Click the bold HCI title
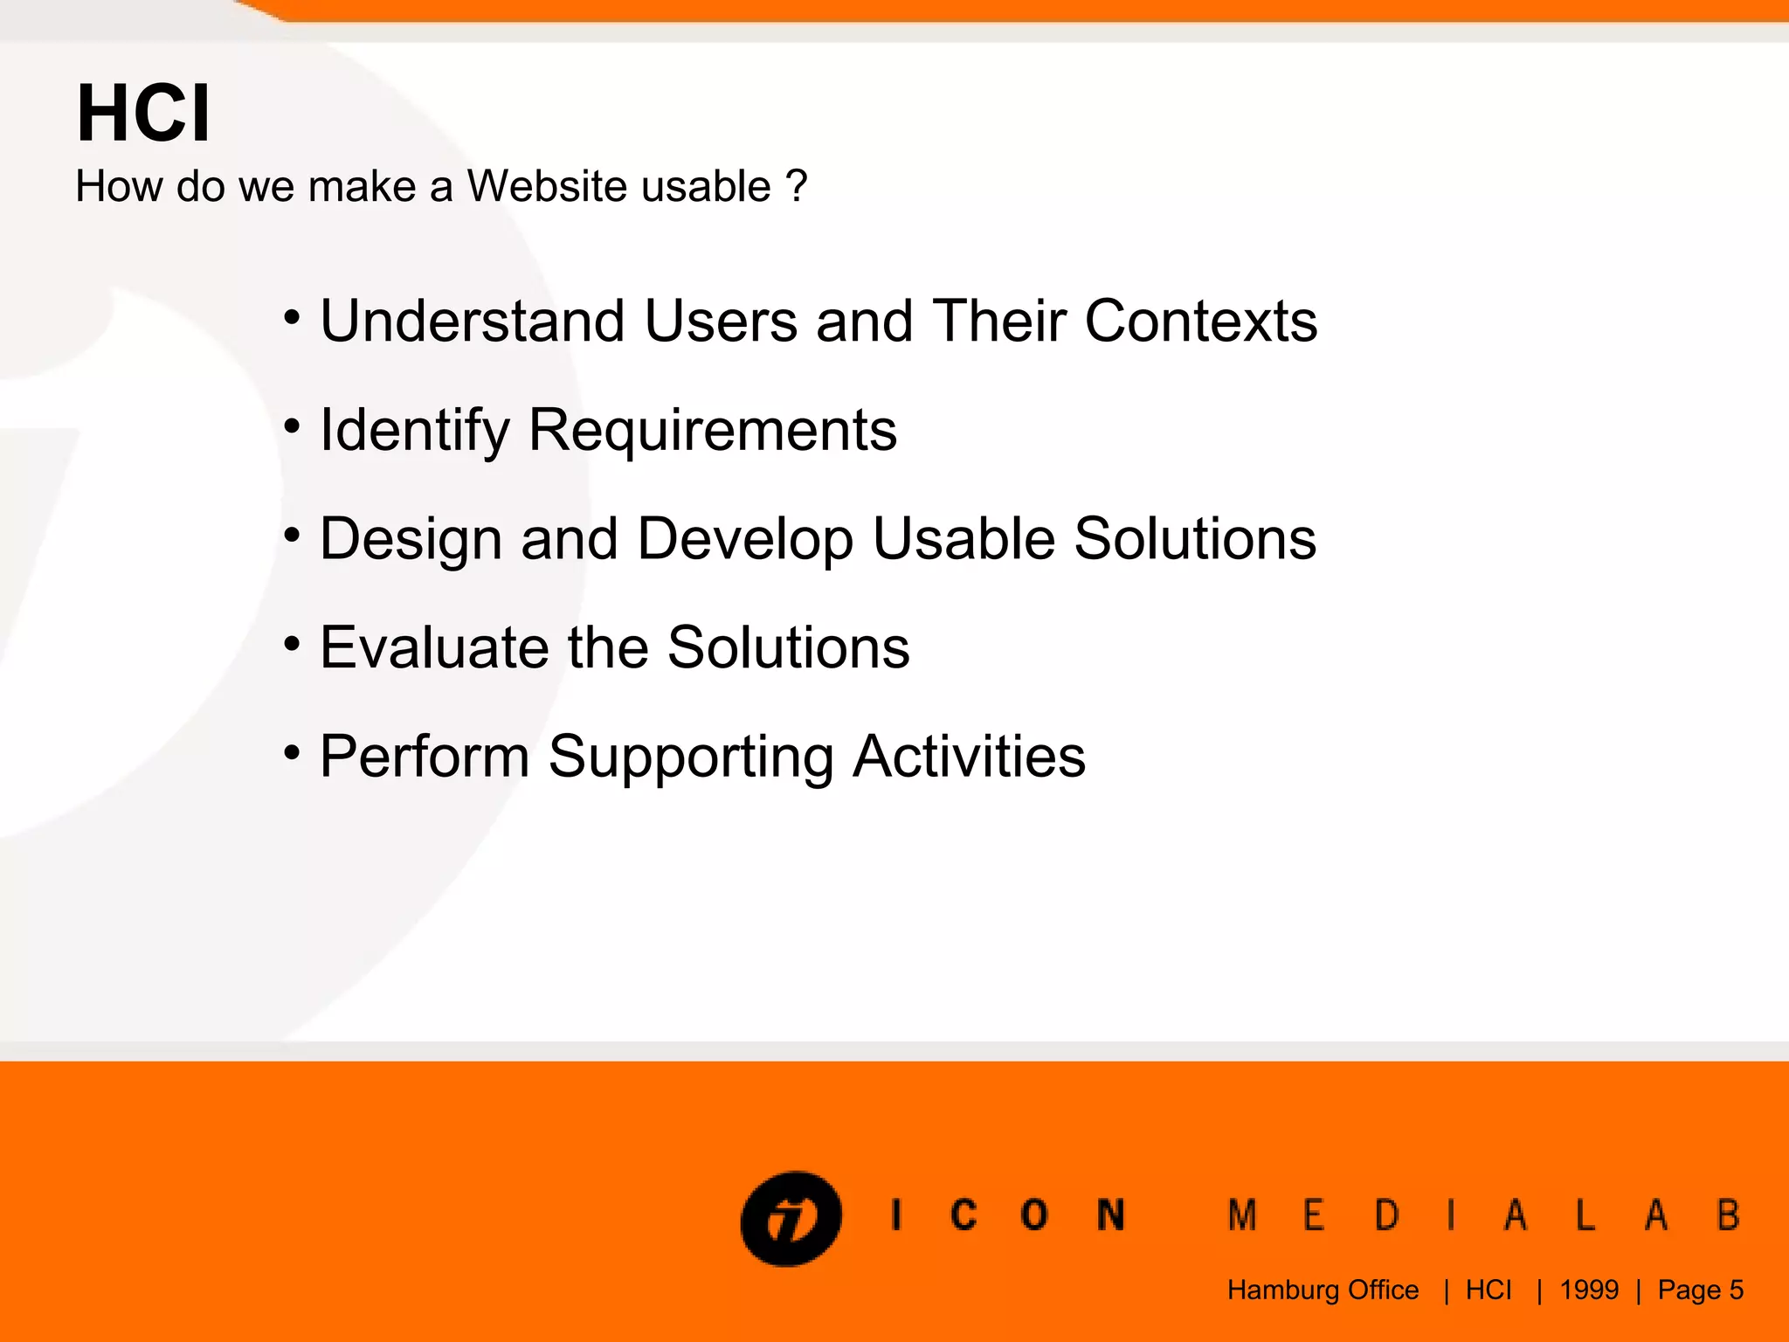(x=143, y=114)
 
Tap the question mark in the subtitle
(x=796, y=186)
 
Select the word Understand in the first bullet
(x=472, y=321)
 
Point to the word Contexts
(x=1200, y=321)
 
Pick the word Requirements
(x=713, y=431)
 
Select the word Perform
(x=425, y=756)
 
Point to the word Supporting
(x=691, y=757)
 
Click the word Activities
(x=969, y=756)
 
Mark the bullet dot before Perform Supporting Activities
(x=292, y=752)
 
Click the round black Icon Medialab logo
(x=791, y=1218)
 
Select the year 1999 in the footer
(x=1589, y=1290)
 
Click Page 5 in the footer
(x=1700, y=1290)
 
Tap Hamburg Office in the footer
(x=1323, y=1290)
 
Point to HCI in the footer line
(x=1489, y=1290)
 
